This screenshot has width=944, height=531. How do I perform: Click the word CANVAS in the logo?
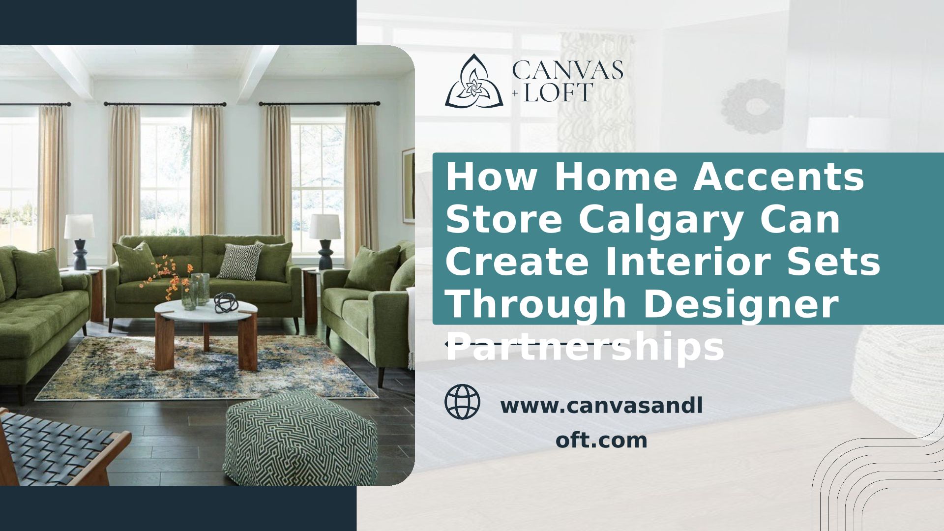567,70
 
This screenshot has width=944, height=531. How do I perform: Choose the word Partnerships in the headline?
585,347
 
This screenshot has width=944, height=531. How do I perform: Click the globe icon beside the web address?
462,401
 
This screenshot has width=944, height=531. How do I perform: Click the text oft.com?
601,440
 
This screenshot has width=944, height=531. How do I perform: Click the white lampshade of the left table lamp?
79,227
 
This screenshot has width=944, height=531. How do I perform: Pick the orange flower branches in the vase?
167,277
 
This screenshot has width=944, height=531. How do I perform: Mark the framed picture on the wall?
408,186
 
